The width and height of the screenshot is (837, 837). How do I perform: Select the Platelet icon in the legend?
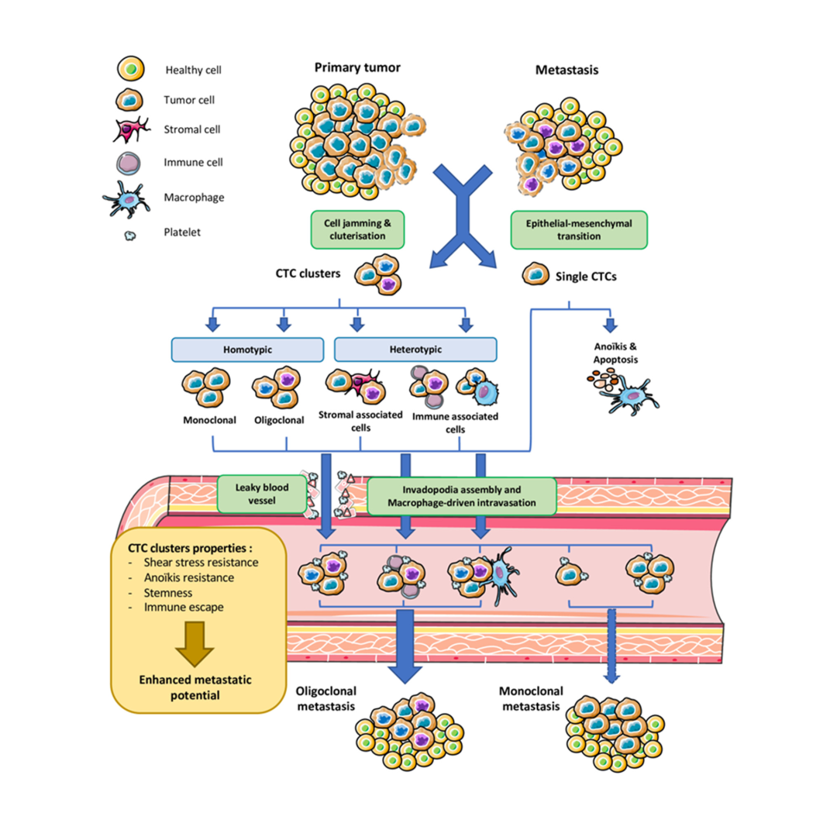129,232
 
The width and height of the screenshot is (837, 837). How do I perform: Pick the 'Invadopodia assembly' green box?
462,496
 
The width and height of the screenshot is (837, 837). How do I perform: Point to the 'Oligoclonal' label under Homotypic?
277,422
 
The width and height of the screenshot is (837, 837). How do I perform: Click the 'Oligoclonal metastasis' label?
325,697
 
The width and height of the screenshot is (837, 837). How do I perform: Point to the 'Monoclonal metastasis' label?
532,697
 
